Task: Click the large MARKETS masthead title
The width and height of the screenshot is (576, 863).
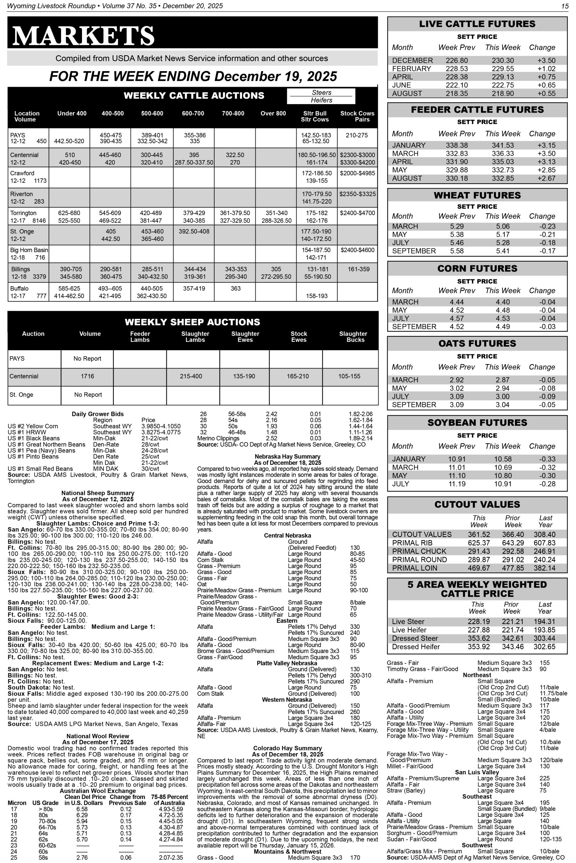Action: tap(83, 36)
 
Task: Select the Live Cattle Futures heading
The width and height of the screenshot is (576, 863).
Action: tap(477, 24)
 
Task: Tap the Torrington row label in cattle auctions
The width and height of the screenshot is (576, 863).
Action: tap(24, 213)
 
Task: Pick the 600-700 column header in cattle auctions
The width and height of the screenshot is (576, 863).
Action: tap(193, 113)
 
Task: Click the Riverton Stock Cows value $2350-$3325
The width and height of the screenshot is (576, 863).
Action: tap(357, 194)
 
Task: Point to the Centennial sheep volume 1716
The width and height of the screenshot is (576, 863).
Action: tap(87, 376)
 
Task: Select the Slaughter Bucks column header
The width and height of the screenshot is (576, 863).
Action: tap(353, 336)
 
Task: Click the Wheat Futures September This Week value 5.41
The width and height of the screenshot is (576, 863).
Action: tap(502, 251)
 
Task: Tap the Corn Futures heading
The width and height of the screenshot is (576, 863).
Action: tap(477, 269)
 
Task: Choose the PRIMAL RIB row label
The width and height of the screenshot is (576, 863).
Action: tap(412, 543)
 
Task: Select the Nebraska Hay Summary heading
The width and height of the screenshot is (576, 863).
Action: tap(287, 456)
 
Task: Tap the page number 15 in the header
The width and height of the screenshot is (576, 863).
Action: tap(564, 6)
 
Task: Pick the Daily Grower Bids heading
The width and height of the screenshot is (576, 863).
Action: tap(98, 414)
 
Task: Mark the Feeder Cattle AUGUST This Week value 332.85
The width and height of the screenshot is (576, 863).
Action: tap(502, 178)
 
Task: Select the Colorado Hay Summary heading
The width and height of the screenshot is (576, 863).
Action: tap(287, 748)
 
